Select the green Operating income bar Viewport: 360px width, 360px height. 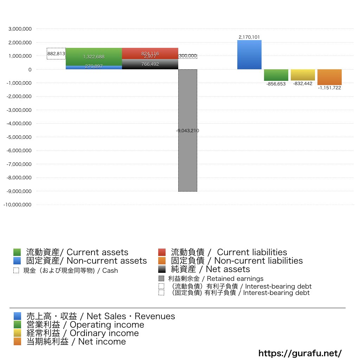coord(276,75)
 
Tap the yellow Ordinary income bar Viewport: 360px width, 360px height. coord(303,75)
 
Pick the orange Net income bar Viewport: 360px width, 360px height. coord(329,77)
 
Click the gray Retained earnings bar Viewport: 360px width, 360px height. coord(188,158)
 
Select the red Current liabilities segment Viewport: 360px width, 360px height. coord(150,52)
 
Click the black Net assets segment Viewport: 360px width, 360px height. coord(150,65)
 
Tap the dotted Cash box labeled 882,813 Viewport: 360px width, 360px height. coord(56,53)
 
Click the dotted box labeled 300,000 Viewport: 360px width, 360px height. coord(188,56)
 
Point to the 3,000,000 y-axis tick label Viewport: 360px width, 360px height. coord(20,29)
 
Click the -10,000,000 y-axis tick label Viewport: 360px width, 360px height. coord(18,205)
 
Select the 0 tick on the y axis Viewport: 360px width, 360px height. coord(30,70)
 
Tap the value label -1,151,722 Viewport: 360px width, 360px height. coord(329,88)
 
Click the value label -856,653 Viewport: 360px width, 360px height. coord(276,84)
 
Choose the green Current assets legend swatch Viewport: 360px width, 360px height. coord(17,252)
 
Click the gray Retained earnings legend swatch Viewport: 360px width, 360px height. coord(161,278)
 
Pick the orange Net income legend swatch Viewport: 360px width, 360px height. coord(17,341)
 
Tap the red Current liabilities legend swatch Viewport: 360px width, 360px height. coord(162,252)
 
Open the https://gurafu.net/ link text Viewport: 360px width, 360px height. coord(300,353)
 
